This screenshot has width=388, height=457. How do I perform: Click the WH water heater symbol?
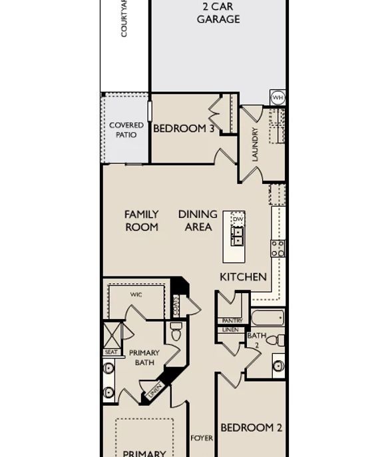tap(278, 98)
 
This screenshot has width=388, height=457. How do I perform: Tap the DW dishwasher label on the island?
tap(238, 219)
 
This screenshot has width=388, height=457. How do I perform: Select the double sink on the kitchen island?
tap(238, 236)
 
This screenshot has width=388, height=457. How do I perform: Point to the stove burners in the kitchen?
tap(278, 248)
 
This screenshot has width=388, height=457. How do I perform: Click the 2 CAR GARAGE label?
tap(218, 13)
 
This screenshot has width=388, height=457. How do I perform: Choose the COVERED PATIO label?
tap(126, 130)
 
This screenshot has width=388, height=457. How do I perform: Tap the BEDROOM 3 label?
tap(183, 129)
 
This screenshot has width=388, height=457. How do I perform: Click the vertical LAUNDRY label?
tap(254, 145)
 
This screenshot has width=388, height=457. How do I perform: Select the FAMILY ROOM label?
tap(142, 221)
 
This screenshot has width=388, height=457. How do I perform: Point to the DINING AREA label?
tap(198, 221)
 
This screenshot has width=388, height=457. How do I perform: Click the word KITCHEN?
tap(243, 276)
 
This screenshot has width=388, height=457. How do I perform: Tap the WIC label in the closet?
tap(136, 294)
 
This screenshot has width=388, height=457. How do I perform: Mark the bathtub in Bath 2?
tap(268, 317)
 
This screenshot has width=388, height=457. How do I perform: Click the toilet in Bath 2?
tap(276, 340)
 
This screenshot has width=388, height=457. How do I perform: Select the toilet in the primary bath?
tap(176, 332)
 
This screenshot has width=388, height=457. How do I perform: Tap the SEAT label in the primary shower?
tap(110, 352)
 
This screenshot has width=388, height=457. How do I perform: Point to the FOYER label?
tap(202, 438)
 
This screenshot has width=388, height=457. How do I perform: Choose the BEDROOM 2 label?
tap(252, 428)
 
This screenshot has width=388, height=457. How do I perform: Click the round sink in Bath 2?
tap(278, 366)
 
